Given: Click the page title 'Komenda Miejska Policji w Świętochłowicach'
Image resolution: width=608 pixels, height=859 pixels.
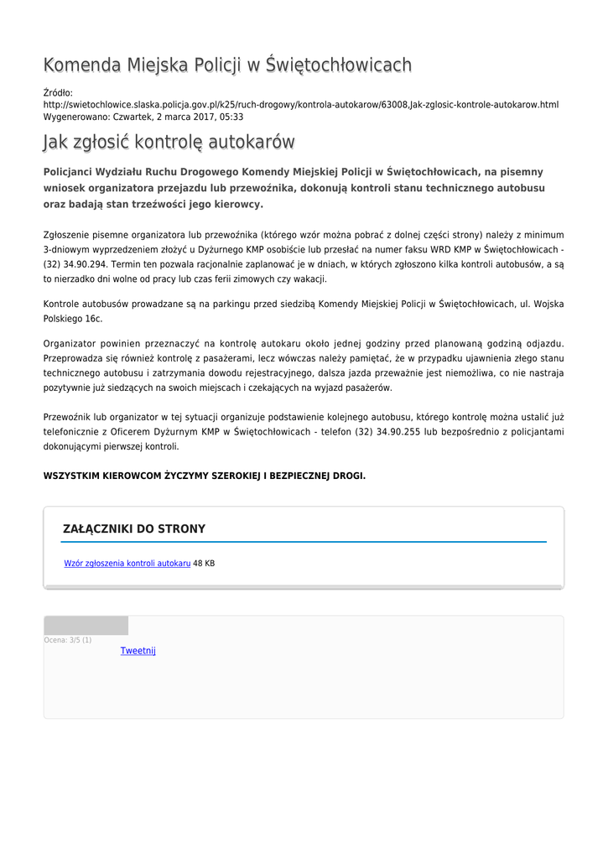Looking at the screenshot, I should coord(227,65).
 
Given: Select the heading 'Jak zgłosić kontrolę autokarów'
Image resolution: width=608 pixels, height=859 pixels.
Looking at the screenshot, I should coord(169,143).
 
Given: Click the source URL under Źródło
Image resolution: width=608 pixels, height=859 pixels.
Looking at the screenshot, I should coord(300,105).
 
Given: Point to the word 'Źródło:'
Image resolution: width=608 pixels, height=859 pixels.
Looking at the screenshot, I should coord(58,92).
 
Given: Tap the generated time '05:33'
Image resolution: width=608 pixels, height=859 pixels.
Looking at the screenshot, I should coord(232,117).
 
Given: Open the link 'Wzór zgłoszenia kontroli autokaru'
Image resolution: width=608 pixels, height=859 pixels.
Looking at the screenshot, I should coord(127,564).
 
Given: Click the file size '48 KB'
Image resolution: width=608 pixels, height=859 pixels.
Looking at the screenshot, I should coord(204,564).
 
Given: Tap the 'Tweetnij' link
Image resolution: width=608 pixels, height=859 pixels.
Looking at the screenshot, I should coord(138,651).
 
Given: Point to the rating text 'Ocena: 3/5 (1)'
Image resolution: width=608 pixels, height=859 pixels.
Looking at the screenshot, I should coord(68,640).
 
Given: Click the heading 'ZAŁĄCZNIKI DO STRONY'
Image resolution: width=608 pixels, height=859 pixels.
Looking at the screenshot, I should coord(134,529).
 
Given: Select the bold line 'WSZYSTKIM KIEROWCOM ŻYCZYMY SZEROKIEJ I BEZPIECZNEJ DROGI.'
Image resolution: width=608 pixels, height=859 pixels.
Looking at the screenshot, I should coord(204,476).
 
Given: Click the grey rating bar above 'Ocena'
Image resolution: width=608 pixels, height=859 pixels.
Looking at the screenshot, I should coord(86,626).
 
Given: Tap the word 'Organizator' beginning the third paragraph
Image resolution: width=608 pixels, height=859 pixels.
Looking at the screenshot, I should coord(70,344).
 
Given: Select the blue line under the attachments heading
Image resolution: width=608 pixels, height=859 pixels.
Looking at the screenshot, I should coord(304,542).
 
